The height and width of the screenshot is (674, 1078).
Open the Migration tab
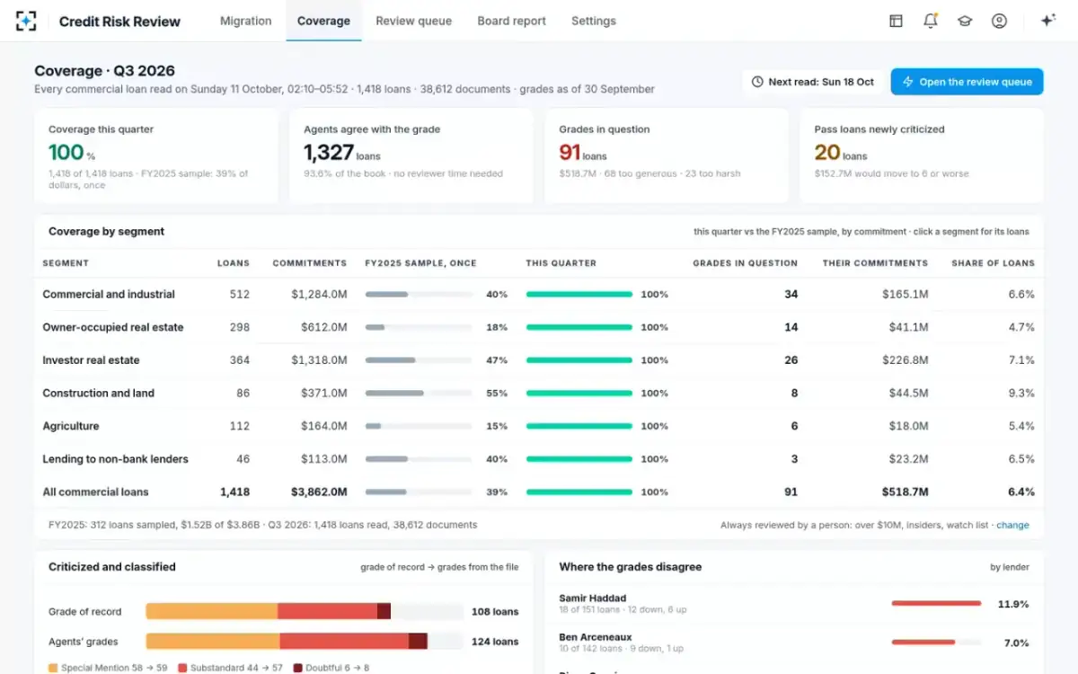tap(245, 22)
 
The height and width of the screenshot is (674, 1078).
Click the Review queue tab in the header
tap(413, 22)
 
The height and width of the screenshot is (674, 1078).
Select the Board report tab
tap(511, 22)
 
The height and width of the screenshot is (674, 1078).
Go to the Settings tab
tap(594, 22)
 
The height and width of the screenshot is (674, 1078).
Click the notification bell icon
tap(931, 21)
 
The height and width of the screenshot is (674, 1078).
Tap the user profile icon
tap(999, 21)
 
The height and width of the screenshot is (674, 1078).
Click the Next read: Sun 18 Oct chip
tap(813, 82)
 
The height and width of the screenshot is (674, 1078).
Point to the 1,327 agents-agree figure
tap(328, 153)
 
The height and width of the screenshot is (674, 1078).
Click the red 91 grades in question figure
tap(570, 153)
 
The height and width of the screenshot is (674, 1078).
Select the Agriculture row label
tap(71, 426)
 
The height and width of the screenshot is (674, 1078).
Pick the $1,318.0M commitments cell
tap(319, 360)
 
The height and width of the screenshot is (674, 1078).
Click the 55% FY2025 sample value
tap(497, 393)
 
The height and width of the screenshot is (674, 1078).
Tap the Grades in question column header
tap(745, 263)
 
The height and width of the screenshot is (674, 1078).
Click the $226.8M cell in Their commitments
tap(905, 360)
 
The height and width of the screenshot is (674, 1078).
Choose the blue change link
tap(1012, 525)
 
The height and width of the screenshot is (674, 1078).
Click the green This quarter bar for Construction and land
tap(579, 394)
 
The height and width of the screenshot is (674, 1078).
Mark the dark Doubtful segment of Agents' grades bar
tap(418, 642)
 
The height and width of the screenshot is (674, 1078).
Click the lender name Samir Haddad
tap(592, 598)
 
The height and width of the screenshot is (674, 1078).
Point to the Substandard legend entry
tap(230, 668)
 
